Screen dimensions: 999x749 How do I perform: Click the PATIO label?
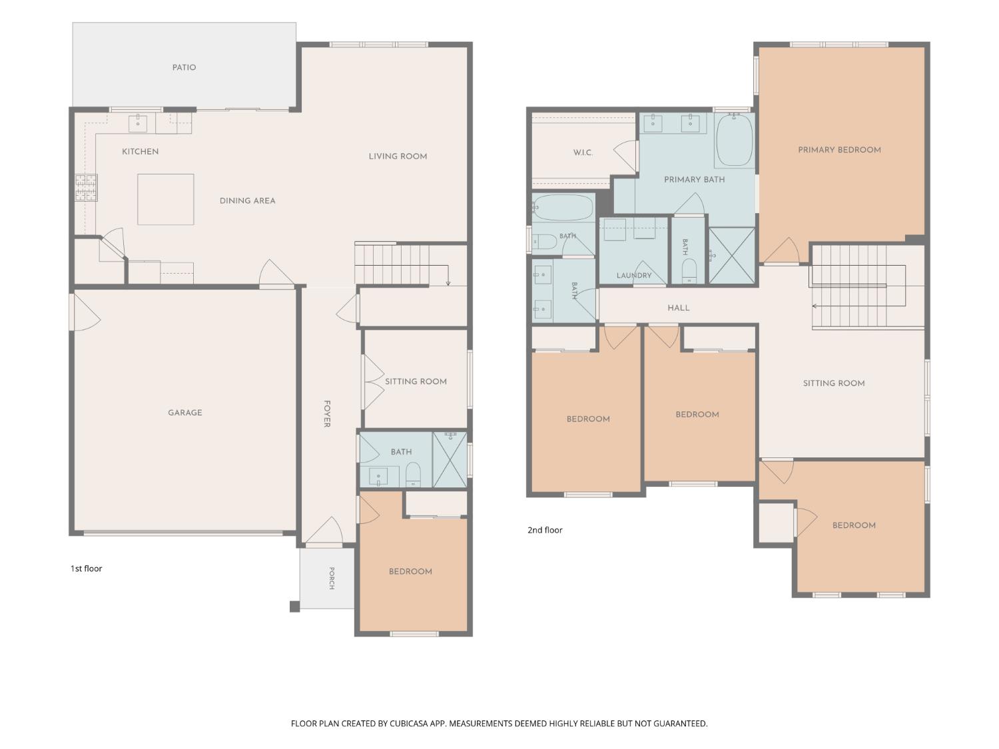(184, 67)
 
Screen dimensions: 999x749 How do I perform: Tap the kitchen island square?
(166, 199)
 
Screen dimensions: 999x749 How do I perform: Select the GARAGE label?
(184, 413)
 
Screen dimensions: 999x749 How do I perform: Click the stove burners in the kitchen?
(86, 187)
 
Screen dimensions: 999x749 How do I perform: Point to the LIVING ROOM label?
(398, 156)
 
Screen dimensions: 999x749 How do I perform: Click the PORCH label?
(332, 578)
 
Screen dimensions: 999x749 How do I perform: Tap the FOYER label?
(327, 413)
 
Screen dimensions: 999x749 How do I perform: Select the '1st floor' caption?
(86, 569)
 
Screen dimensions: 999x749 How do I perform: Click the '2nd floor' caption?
(545, 530)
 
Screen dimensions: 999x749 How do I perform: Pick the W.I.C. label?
(583, 152)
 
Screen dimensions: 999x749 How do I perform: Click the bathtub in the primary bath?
(735, 139)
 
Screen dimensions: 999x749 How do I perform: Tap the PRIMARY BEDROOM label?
(839, 150)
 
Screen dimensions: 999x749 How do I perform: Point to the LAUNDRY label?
(634, 275)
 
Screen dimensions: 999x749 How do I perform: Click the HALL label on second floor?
(678, 308)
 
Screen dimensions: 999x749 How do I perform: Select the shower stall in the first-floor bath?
(450, 459)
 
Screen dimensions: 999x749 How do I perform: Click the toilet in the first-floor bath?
(413, 475)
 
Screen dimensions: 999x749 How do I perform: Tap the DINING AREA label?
(248, 200)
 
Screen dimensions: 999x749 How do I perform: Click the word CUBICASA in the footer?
(409, 723)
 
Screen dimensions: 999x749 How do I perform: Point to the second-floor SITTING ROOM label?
(834, 383)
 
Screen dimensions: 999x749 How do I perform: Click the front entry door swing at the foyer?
(325, 531)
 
